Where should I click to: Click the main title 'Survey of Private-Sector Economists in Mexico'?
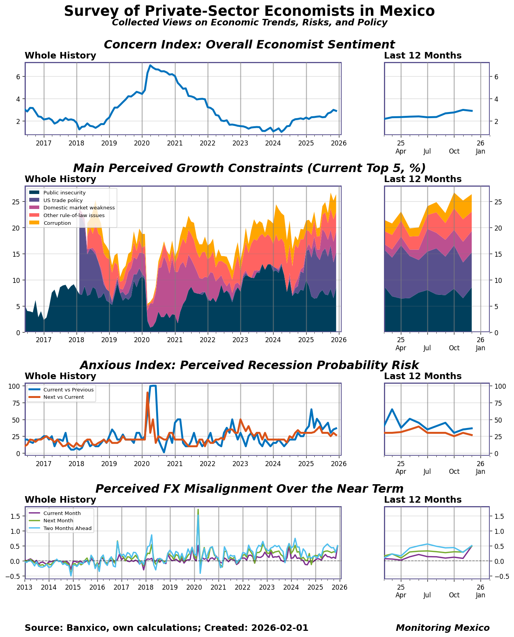click(x=249, y=11)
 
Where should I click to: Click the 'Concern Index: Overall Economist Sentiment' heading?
click(x=249, y=45)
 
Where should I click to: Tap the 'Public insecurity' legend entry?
click(x=64, y=193)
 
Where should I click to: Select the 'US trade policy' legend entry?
click(x=63, y=201)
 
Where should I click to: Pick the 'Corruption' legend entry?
click(x=57, y=223)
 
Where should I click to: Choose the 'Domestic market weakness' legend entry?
click(x=79, y=208)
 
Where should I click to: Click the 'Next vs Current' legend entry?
click(x=63, y=397)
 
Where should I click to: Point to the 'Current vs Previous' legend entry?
click(x=68, y=390)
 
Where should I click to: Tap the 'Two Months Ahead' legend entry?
click(x=67, y=528)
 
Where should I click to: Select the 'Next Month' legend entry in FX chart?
click(x=58, y=521)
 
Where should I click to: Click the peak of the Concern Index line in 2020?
click(x=150, y=65)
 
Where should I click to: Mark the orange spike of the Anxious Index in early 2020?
click(x=147, y=393)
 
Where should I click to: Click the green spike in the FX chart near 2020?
click(x=198, y=510)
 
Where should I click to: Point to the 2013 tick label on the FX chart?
click(x=25, y=587)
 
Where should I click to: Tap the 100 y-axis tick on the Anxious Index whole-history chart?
click(x=15, y=386)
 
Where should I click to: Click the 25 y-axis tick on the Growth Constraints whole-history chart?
click(x=16, y=202)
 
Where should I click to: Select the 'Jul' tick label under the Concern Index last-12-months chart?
click(x=427, y=151)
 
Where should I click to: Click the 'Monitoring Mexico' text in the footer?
click(x=442, y=628)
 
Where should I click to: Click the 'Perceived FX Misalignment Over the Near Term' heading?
click(x=249, y=489)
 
